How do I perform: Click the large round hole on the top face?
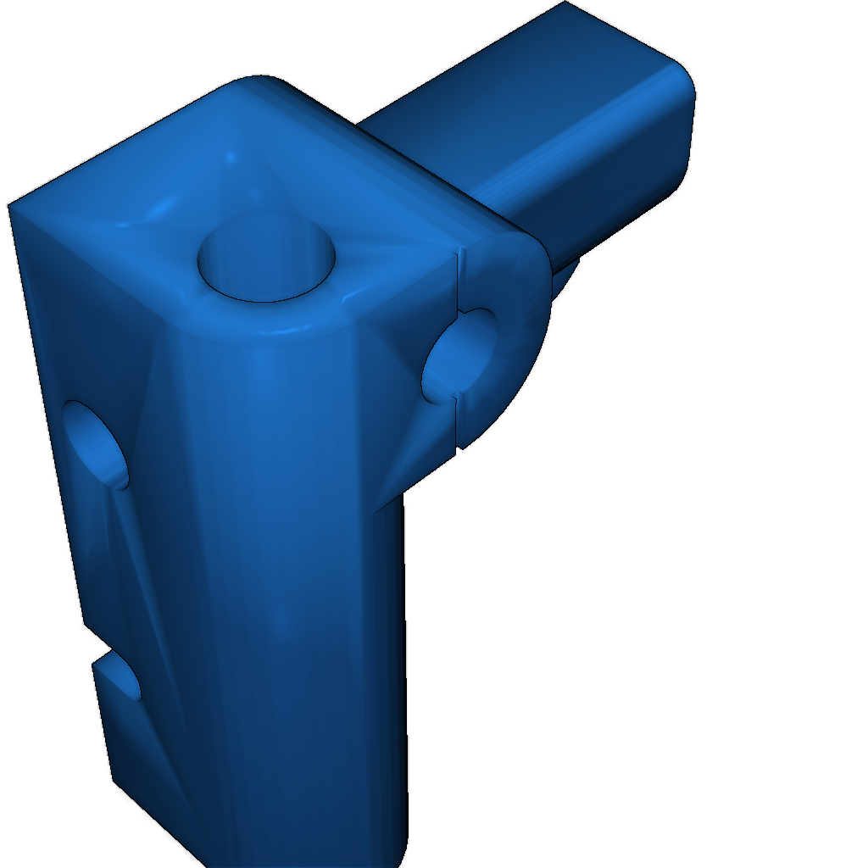266,258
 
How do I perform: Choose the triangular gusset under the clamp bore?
407,458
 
